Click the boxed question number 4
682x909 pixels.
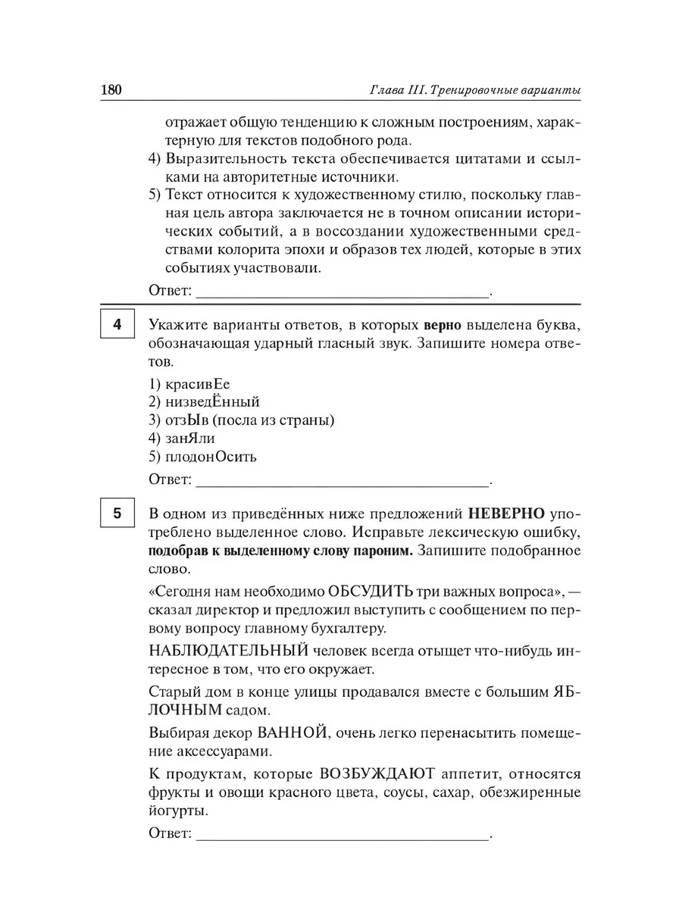tap(117, 326)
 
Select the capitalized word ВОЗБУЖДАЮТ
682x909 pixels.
tap(377, 775)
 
